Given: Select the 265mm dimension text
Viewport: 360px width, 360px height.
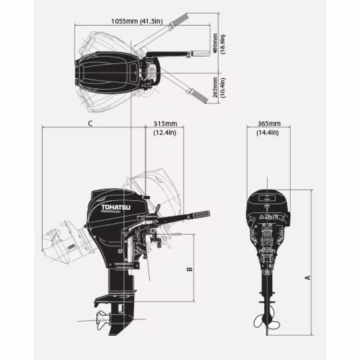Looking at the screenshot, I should (216, 87).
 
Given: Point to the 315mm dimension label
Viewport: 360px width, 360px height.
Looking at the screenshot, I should (165, 124).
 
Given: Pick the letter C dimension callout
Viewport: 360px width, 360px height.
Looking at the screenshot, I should (90, 123).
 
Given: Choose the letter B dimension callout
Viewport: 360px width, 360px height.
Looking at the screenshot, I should (189, 269).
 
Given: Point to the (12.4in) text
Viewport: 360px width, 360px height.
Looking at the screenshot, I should (165, 132).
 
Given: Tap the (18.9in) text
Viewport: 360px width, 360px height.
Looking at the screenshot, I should (223, 44).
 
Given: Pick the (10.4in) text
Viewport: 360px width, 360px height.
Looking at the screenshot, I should (223, 87).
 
